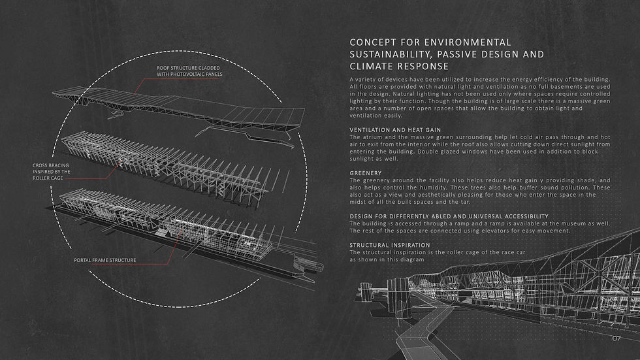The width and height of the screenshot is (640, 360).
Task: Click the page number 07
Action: pos(616,338)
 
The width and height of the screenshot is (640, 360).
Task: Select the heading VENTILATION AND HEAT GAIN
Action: pos(395,130)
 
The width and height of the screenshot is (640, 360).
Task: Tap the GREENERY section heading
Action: pos(366,173)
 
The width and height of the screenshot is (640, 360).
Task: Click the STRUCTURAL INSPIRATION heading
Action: pos(390,245)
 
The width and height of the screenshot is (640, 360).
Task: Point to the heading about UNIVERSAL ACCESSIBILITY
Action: pos(449,216)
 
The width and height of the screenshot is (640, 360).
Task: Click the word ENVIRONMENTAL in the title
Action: pos(468,42)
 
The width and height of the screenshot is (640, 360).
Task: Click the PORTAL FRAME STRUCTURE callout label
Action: pos(105,260)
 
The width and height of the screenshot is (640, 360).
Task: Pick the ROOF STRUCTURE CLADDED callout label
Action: pos(188,68)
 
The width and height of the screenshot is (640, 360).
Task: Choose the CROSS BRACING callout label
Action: pos(51,165)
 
